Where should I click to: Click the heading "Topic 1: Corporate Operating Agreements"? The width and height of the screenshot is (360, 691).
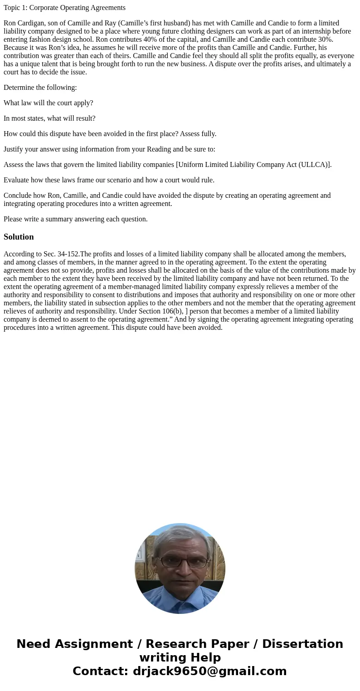pyautogui.click(x=64, y=8)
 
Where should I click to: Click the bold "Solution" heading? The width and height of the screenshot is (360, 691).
pyautogui.click(x=19, y=237)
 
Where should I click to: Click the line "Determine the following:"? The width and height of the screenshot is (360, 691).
pyautogui.click(x=40, y=88)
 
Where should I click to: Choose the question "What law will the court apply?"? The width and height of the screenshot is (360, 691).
pyautogui.click(x=48, y=103)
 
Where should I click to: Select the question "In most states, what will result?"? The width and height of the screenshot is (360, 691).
pyautogui.click(x=49, y=118)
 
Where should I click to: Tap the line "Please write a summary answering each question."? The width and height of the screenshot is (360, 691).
pyautogui.click(x=75, y=219)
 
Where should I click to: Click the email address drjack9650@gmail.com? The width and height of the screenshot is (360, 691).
pyautogui.click(x=209, y=671)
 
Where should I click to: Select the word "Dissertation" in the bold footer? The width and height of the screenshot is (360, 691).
pyautogui.click(x=302, y=644)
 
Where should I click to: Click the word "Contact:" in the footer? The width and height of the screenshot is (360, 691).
pyautogui.click(x=101, y=671)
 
